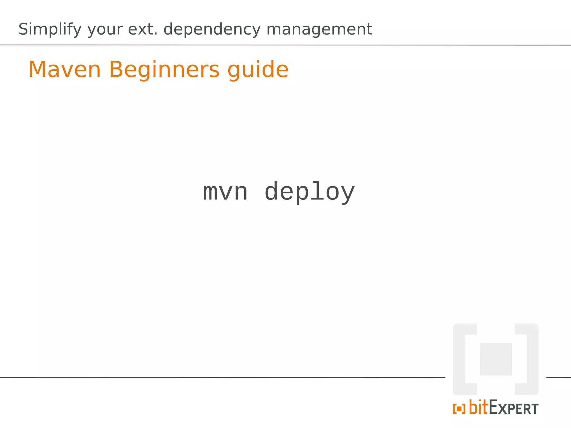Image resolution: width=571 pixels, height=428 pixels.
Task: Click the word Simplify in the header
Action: [50, 30]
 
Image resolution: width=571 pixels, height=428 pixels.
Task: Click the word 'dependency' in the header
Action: [212, 30]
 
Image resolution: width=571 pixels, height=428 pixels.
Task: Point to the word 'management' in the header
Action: [319, 30]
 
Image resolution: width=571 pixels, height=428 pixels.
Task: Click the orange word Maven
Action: [65, 70]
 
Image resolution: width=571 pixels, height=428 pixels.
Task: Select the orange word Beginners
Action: [164, 70]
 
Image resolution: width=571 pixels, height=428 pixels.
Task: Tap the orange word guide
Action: [258, 70]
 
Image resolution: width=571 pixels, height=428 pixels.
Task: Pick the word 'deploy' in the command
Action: [309, 192]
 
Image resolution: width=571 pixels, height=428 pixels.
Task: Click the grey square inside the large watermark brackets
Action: [496, 359]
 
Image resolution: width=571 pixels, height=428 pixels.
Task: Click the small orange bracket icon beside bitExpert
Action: [459, 409]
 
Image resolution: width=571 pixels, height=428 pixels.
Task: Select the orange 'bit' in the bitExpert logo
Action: [479, 407]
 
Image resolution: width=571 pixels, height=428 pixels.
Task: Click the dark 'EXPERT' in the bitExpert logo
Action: [514, 408]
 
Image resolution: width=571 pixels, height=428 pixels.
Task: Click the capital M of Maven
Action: [37, 70]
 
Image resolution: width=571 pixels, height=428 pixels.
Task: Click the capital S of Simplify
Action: [23, 29]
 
